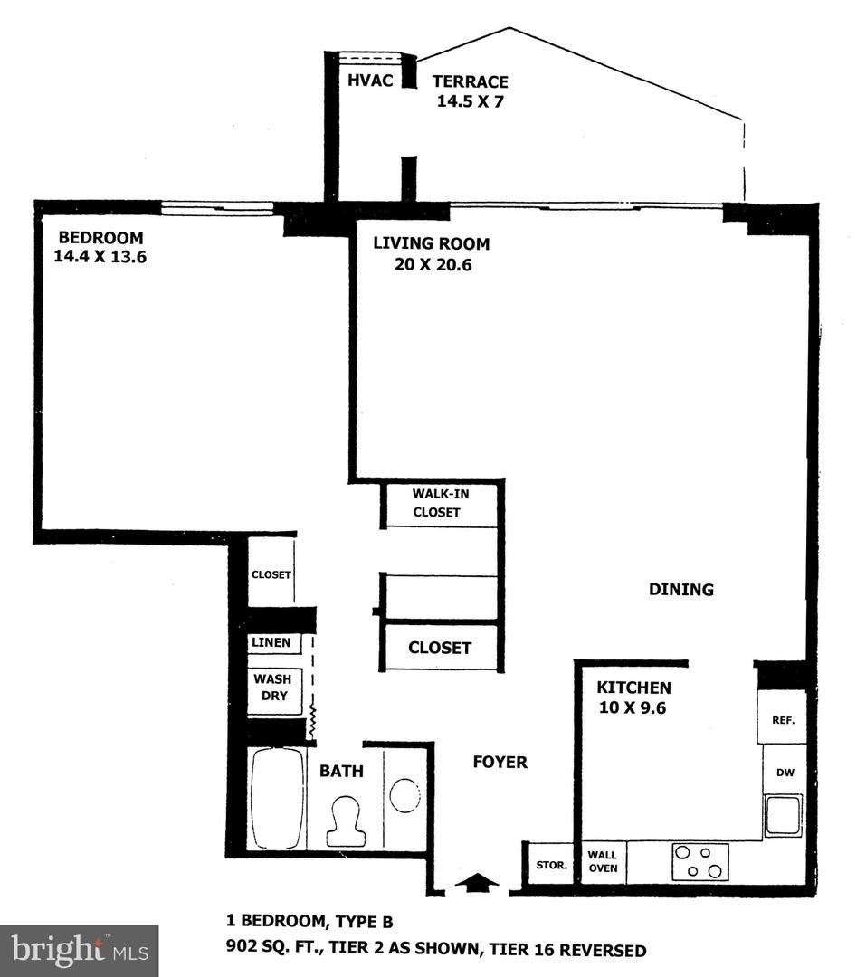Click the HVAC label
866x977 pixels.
(370, 81)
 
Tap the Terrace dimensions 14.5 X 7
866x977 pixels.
(470, 101)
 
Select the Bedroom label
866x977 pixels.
(100, 238)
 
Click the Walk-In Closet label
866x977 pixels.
(437, 503)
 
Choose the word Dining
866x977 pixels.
(680, 590)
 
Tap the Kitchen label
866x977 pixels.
(633, 688)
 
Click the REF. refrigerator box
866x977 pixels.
(783, 720)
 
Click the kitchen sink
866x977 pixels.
(783, 815)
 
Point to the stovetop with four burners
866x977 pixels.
(700, 860)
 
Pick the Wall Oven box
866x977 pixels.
(603, 861)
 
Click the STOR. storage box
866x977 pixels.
(551, 865)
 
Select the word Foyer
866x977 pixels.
(500, 762)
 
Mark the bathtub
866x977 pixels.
(277, 798)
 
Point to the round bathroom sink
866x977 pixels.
(404, 795)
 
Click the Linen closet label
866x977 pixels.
(271, 643)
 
